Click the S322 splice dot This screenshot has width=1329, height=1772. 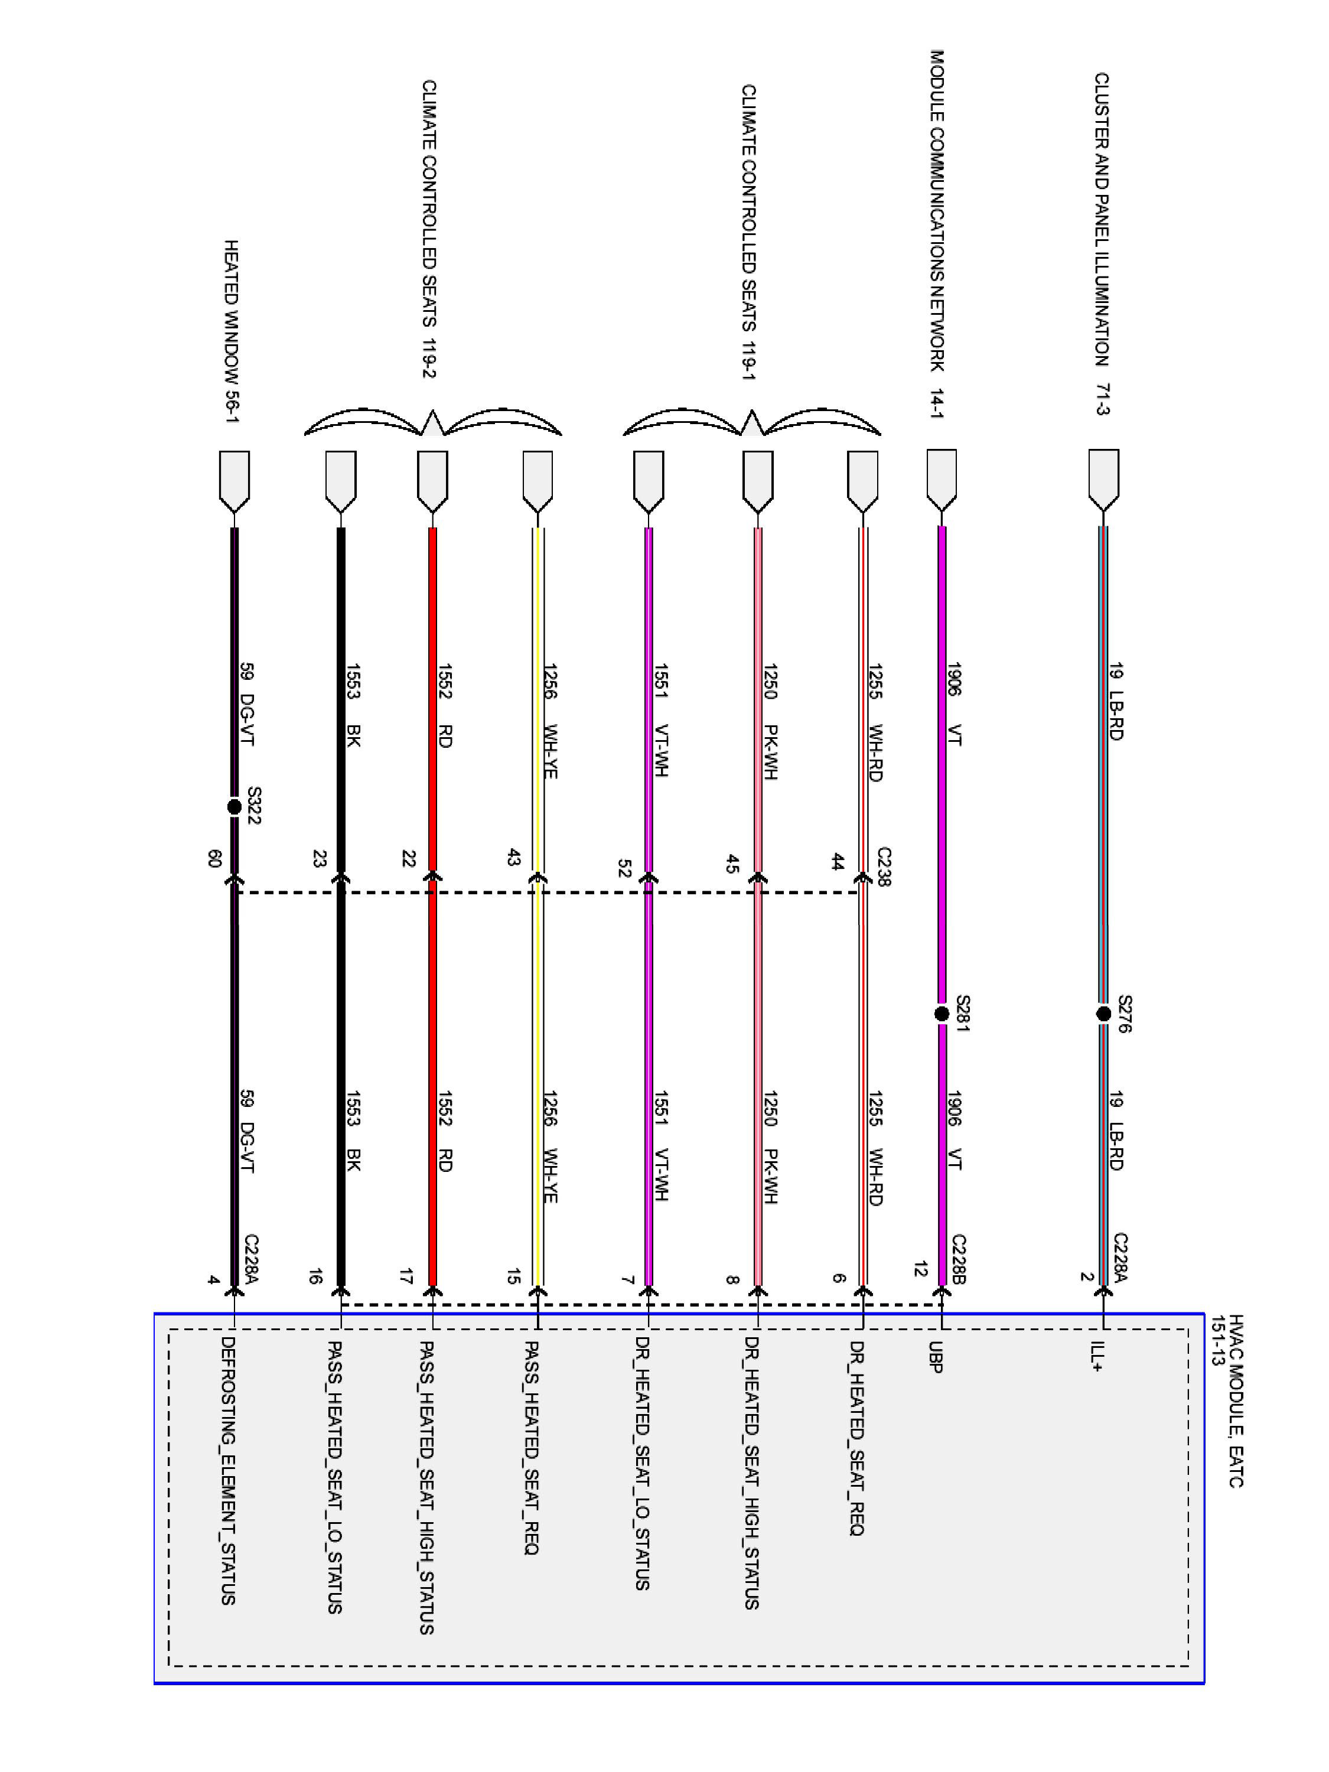pos(234,807)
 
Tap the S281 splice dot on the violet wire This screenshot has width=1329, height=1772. pos(942,1014)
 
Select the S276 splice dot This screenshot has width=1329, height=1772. pos(1103,1014)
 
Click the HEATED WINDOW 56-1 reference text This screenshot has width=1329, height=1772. pos(232,331)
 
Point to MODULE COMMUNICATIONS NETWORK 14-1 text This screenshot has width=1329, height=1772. pos(937,234)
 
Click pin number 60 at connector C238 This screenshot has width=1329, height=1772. pos(214,859)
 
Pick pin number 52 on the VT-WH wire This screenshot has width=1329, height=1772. pos(625,868)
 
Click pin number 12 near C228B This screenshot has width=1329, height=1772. pos(920,1269)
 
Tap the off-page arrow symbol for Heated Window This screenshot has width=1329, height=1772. pos(234,481)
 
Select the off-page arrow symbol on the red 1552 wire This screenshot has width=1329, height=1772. pos(432,481)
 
